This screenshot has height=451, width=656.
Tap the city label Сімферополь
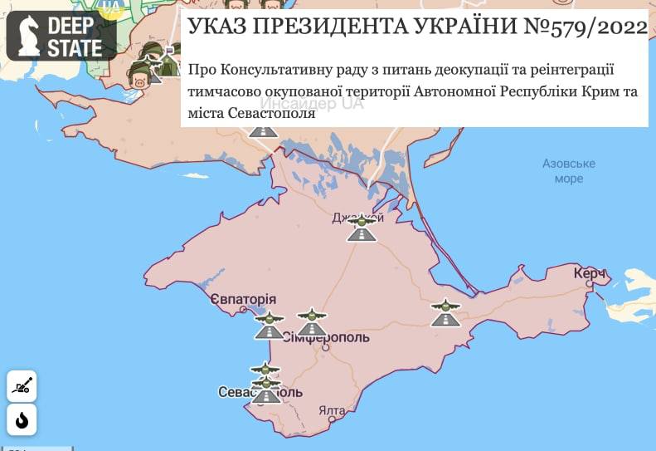[x=325, y=338]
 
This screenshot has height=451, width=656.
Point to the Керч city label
[x=590, y=273]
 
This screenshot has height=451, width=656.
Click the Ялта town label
[x=331, y=410]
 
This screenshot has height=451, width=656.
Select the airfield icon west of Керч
[x=445, y=313]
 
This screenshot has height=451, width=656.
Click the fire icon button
[x=22, y=420]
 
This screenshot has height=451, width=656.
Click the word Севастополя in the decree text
[x=273, y=112]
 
